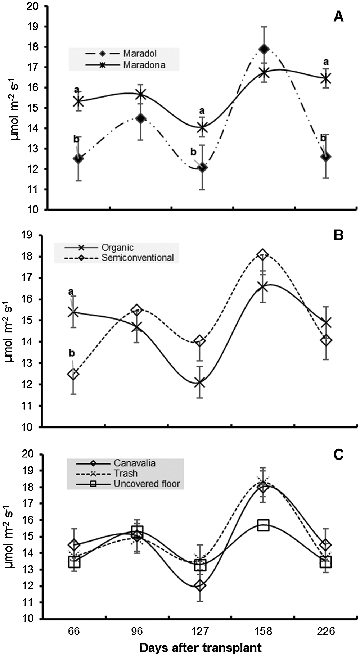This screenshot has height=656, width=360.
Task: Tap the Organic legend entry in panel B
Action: coord(117,248)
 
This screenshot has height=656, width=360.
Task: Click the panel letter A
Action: coord(338,17)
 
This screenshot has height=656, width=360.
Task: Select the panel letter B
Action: coord(338,235)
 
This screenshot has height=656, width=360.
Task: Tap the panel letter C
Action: coord(338,455)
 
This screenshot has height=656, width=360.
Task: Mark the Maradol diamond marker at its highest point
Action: coord(264,49)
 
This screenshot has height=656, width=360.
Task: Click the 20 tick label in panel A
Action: coord(35,6)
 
